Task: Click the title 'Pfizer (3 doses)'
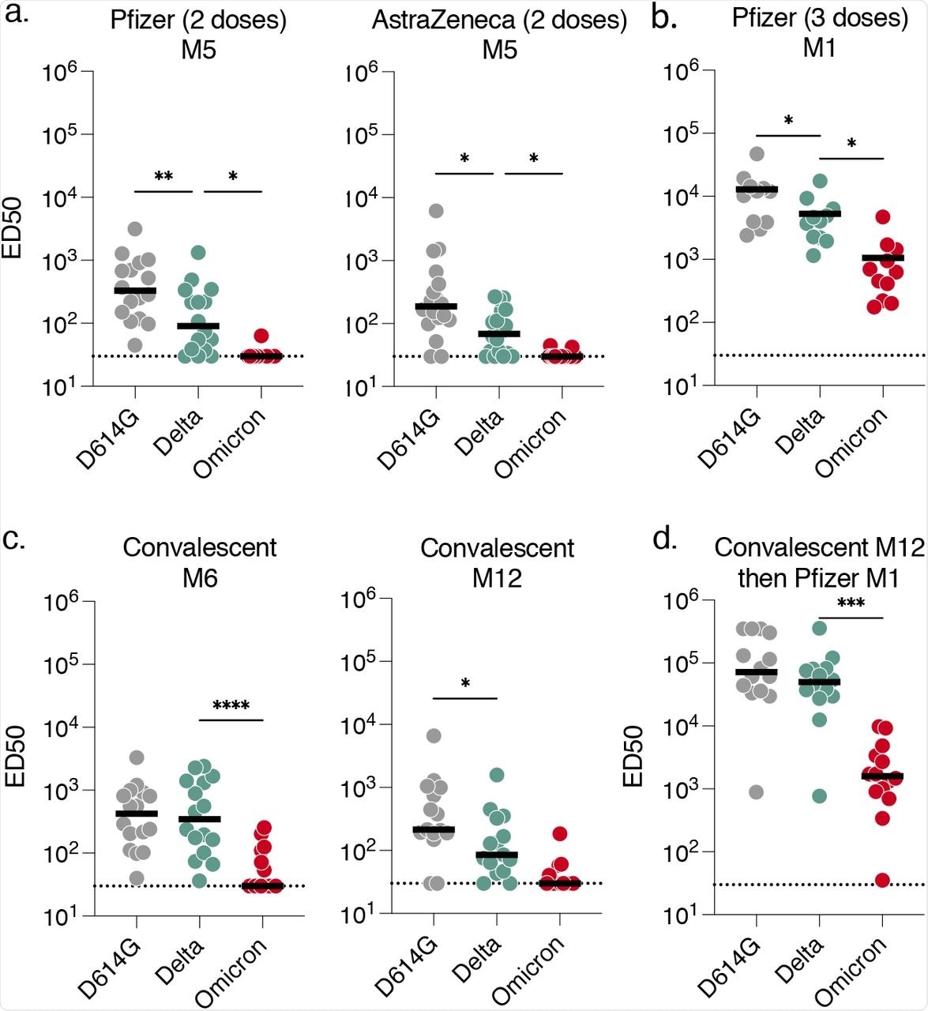click(x=820, y=17)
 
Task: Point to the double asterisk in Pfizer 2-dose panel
click(x=163, y=177)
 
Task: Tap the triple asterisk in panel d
click(x=851, y=604)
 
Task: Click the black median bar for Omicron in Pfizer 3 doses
click(x=882, y=257)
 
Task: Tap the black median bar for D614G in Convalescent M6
click(x=136, y=813)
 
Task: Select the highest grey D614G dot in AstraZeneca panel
click(x=436, y=211)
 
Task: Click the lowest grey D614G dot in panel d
click(x=757, y=792)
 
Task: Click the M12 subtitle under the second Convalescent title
click(x=498, y=580)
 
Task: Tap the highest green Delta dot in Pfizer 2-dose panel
click(x=197, y=252)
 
